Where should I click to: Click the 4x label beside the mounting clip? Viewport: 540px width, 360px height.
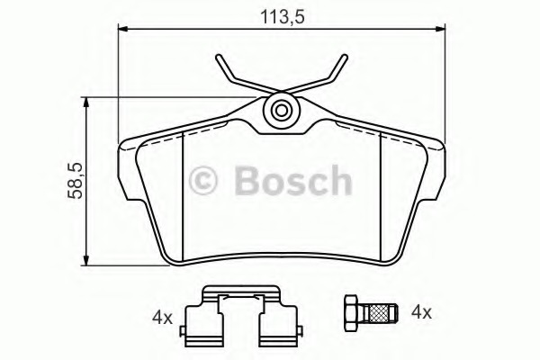click(162, 318)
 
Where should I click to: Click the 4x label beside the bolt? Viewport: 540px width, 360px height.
click(421, 313)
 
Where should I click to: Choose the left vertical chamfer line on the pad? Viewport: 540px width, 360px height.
click(183, 193)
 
